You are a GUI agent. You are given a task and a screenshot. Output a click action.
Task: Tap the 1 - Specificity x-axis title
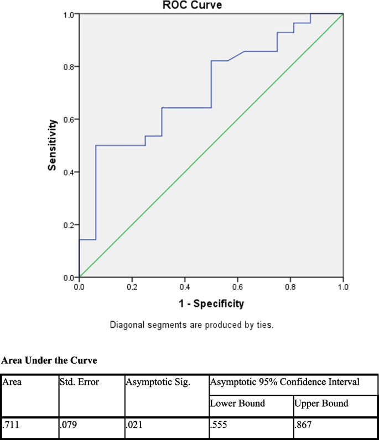(x=211, y=303)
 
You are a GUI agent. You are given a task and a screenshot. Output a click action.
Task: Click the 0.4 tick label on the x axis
(x=184, y=288)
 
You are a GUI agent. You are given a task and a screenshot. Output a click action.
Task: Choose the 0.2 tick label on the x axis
(x=132, y=288)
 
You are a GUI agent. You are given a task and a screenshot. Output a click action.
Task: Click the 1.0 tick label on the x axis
(x=343, y=288)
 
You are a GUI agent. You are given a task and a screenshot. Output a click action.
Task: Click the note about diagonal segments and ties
(x=191, y=324)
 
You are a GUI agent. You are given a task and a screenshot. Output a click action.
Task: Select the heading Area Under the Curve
(x=49, y=360)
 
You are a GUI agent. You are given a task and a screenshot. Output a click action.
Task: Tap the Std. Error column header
(x=79, y=382)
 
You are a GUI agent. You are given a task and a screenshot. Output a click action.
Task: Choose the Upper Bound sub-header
(x=322, y=403)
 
